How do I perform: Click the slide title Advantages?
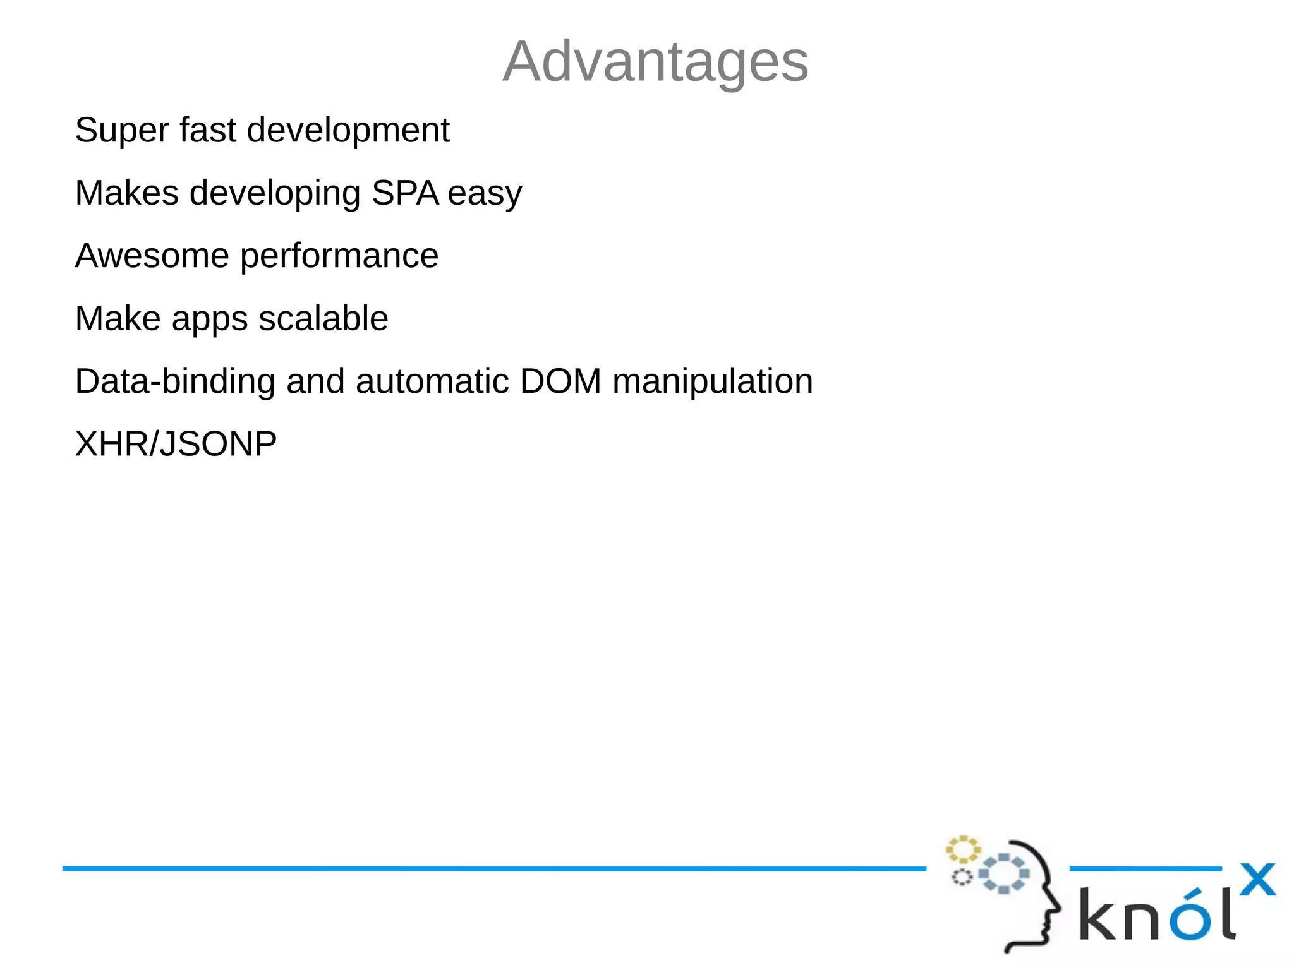point(655,61)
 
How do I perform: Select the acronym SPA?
point(405,193)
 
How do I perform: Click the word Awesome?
point(152,256)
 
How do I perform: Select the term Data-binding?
point(175,381)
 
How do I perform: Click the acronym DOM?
point(560,381)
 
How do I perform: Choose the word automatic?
point(432,381)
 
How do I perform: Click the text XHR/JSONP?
point(176,444)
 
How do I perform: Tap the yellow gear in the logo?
point(962,850)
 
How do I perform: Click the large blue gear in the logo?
point(1003,873)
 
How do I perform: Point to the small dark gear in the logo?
point(962,877)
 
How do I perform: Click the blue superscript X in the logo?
point(1257,880)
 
